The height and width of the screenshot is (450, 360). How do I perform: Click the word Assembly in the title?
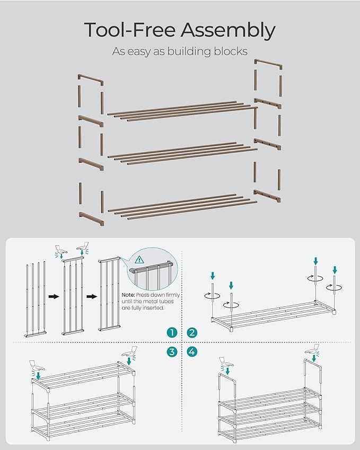coord(228,31)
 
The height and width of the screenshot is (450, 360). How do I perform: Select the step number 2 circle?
coord(192,332)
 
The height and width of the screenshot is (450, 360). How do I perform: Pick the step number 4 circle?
coord(192,351)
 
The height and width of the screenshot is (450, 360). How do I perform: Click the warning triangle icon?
coord(140,260)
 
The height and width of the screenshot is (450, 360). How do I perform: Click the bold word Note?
coord(129,295)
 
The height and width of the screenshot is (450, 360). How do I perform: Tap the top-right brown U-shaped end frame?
coord(268,65)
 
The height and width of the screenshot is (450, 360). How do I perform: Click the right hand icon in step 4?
coord(312,350)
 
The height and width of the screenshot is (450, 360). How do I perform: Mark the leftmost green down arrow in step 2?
coord(213,276)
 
